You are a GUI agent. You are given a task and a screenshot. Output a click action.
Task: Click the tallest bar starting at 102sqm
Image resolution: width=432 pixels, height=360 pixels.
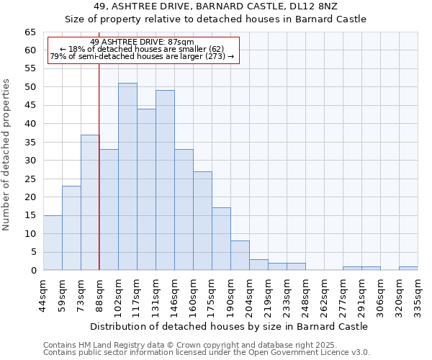(x=127, y=176)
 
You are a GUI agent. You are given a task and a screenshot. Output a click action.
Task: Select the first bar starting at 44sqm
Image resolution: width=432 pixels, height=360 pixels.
(x=53, y=243)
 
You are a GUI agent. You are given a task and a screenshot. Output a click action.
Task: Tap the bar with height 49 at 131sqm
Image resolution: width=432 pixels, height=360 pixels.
(x=165, y=180)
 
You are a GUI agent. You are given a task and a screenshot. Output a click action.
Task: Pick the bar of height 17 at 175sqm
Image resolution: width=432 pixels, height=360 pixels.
(x=221, y=239)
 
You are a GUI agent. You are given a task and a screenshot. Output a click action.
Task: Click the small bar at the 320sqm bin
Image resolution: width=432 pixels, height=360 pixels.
(x=408, y=269)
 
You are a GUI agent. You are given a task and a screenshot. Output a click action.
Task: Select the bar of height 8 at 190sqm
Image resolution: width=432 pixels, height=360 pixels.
(x=240, y=256)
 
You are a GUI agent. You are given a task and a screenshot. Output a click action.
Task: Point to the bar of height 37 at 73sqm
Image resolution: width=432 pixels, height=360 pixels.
(x=90, y=202)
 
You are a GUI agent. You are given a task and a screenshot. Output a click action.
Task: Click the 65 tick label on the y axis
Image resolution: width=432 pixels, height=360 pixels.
(x=30, y=32)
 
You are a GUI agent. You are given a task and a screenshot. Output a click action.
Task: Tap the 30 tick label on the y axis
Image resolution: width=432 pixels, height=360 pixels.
(x=30, y=161)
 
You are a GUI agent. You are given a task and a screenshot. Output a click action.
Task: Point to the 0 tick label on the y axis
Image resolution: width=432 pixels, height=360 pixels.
(x=32, y=271)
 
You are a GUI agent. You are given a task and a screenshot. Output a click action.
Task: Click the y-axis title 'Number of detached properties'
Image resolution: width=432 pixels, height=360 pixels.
(x=7, y=156)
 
